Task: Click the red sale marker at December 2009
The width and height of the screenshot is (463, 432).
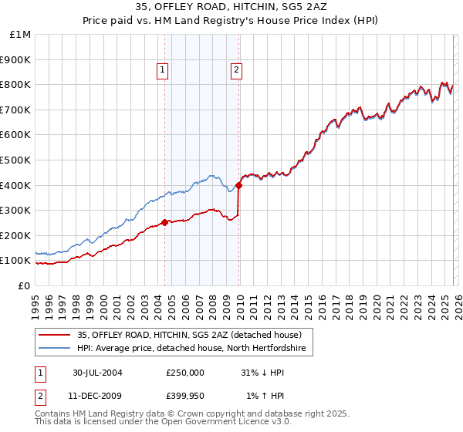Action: (238, 185)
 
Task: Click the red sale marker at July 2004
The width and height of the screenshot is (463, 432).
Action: (165, 222)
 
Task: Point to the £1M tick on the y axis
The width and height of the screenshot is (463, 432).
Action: (21, 34)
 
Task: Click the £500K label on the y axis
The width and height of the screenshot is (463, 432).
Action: (15, 160)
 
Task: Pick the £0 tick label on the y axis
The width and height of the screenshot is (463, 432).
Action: (24, 285)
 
